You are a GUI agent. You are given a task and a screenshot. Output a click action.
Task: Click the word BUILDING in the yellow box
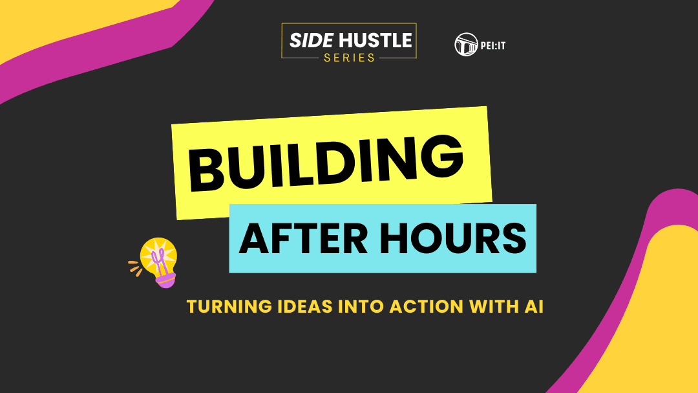(326, 163)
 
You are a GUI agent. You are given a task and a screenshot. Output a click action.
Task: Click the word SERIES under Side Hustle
(349, 58)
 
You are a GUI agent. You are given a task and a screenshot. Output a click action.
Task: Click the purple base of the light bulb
(165, 280)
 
